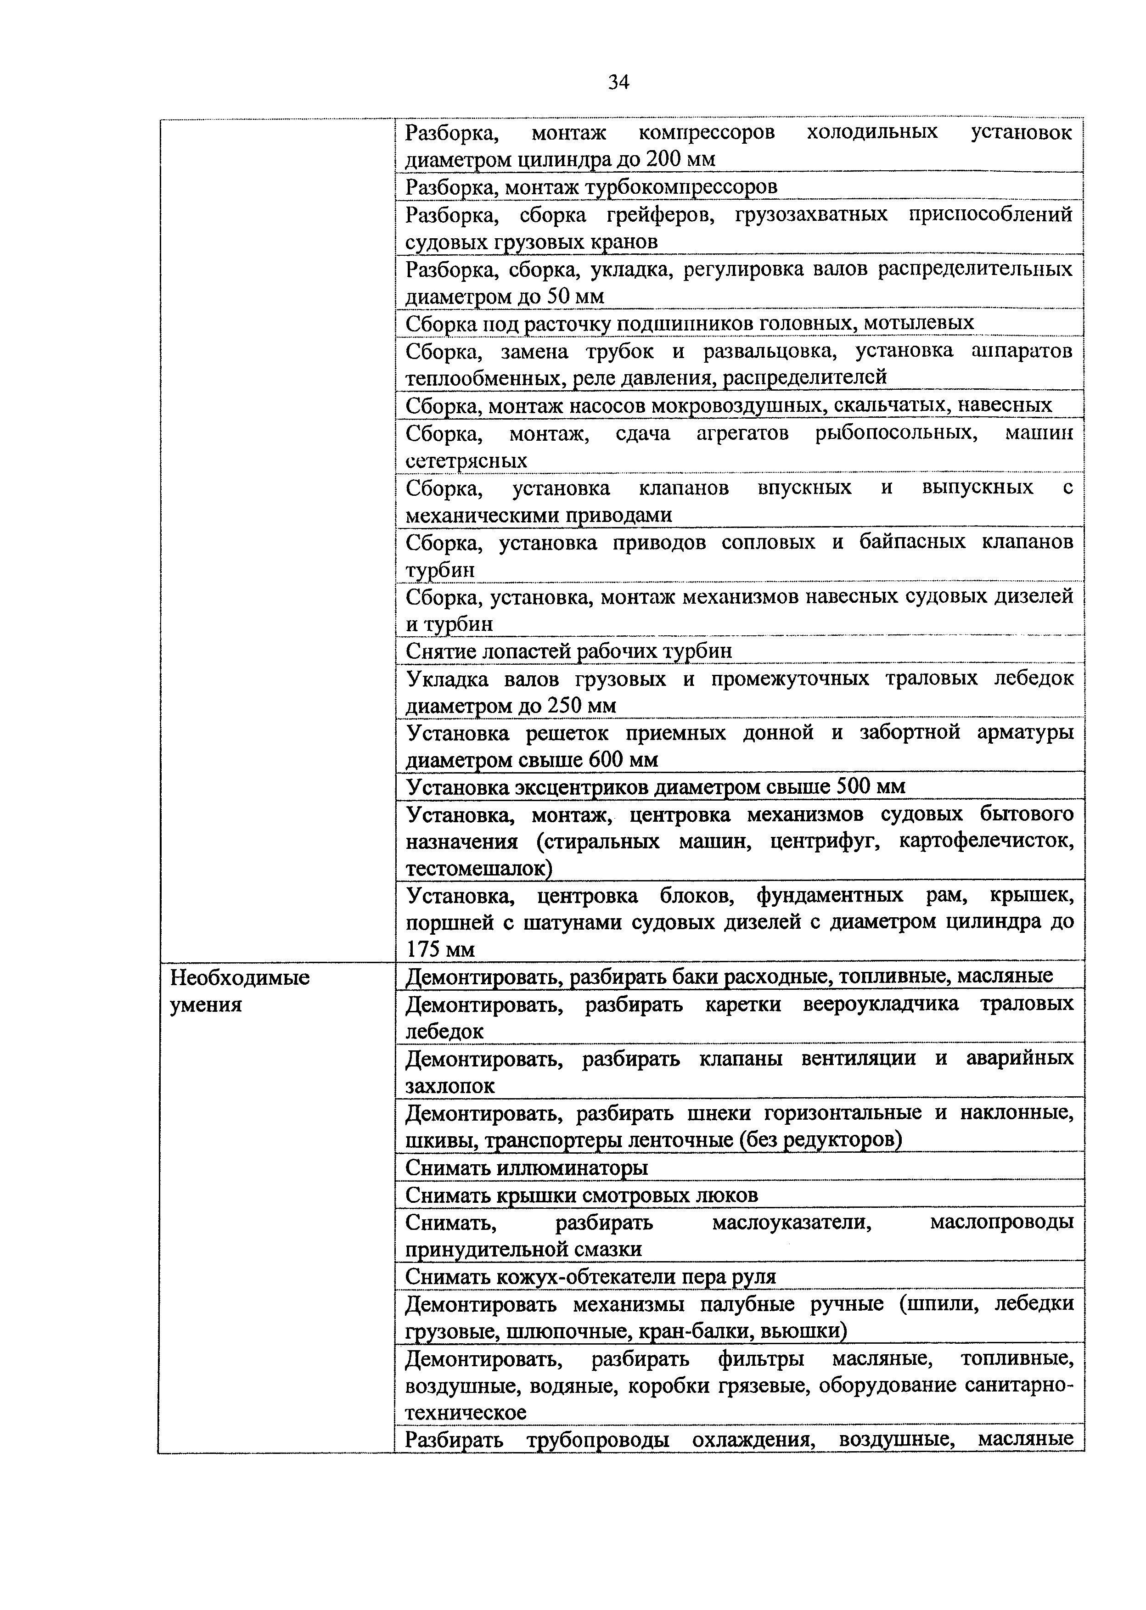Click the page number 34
coord(618,83)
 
